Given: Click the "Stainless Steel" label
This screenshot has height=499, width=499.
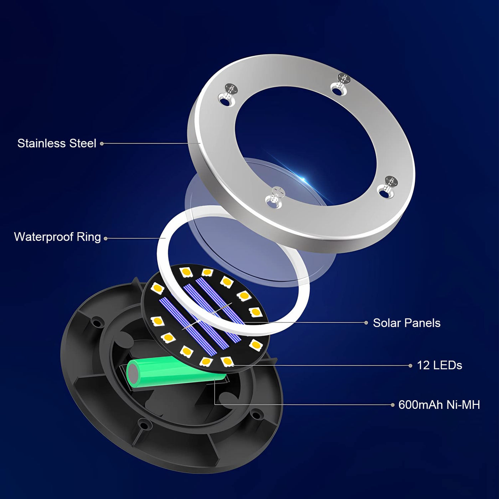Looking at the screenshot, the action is pyautogui.click(x=57, y=143).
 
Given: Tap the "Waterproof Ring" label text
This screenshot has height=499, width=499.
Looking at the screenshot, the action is pyautogui.click(x=57, y=237).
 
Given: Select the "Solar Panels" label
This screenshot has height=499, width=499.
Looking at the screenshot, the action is pyautogui.click(x=407, y=323).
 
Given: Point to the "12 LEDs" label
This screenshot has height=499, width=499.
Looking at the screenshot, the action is pyautogui.click(x=439, y=365).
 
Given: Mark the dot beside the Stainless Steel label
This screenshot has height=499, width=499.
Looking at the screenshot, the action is pyautogui.click(x=102, y=143).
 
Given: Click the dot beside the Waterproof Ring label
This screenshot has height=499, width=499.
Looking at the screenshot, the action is pyautogui.click(x=106, y=238).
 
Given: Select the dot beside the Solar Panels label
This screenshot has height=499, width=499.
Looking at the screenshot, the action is pyautogui.click(x=366, y=323).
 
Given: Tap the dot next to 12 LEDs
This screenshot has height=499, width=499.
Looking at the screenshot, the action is pyautogui.click(x=410, y=366).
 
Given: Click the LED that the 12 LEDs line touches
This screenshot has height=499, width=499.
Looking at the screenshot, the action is pyautogui.click(x=227, y=361).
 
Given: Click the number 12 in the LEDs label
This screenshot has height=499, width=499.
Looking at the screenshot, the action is pyautogui.click(x=423, y=365).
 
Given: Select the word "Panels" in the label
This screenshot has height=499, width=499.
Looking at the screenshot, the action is pyautogui.click(x=423, y=323).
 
